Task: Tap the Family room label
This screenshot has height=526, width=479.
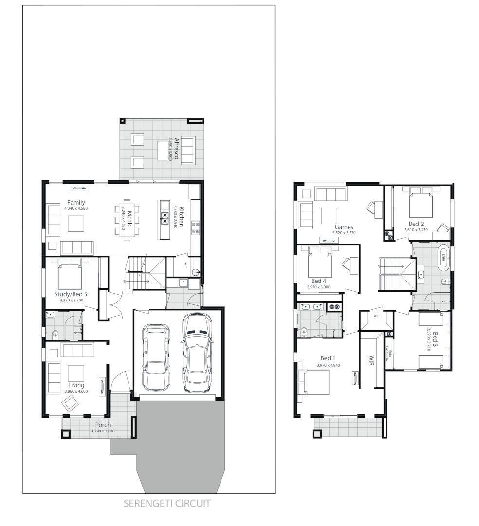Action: pos(76,202)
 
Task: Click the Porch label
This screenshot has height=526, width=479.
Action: pos(103,425)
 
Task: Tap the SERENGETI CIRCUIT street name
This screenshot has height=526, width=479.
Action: pos(167,503)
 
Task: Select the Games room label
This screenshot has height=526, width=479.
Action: pos(344,227)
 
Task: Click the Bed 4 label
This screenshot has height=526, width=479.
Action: pos(319,281)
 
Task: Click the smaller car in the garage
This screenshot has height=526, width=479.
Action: pos(156,357)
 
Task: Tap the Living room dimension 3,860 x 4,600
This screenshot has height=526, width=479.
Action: pos(76,391)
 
